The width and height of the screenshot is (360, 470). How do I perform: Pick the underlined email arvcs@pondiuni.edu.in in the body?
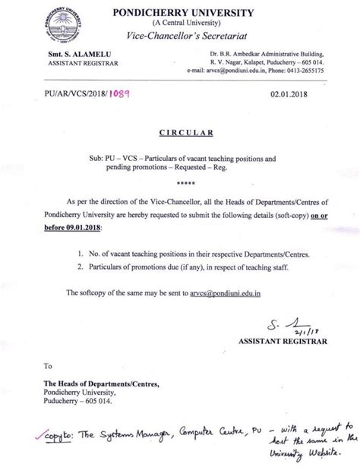point(219,292)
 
